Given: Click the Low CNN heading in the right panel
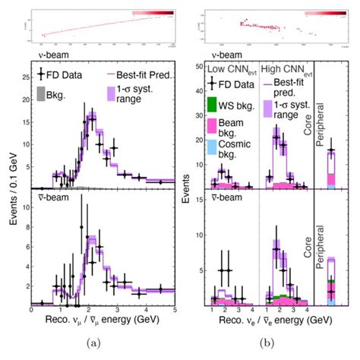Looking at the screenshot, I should [229, 70].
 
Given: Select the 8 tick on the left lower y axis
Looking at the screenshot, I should [24, 228].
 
